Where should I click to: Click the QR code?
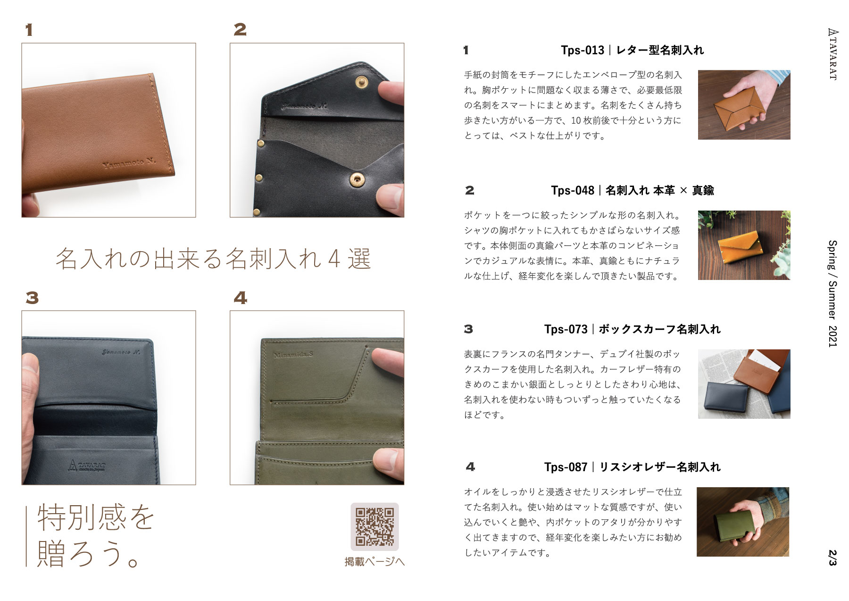(x=375, y=526)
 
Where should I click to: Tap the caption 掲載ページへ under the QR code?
(x=375, y=562)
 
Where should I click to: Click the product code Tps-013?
(x=583, y=50)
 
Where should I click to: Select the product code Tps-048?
(x=573, y=190)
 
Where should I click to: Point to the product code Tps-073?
(x=566, y=329)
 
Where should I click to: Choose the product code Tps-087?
(x=566, y=467)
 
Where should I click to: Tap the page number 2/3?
(x=832, y=558)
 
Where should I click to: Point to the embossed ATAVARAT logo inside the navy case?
(x=87, y=466)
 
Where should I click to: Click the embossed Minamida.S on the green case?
(x=293, y=355)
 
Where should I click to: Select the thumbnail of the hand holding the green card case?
(x=743, y=522)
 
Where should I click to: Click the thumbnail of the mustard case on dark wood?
(x=744, y=245)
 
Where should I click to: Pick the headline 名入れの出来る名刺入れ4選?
(x=213, y=259)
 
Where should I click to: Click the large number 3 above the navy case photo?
(x=32, y=298)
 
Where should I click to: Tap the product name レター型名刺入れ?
(x=660, y=50)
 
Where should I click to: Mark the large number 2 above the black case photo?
(x=240, y=30)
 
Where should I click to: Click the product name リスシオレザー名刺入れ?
(x=660, y=467)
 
